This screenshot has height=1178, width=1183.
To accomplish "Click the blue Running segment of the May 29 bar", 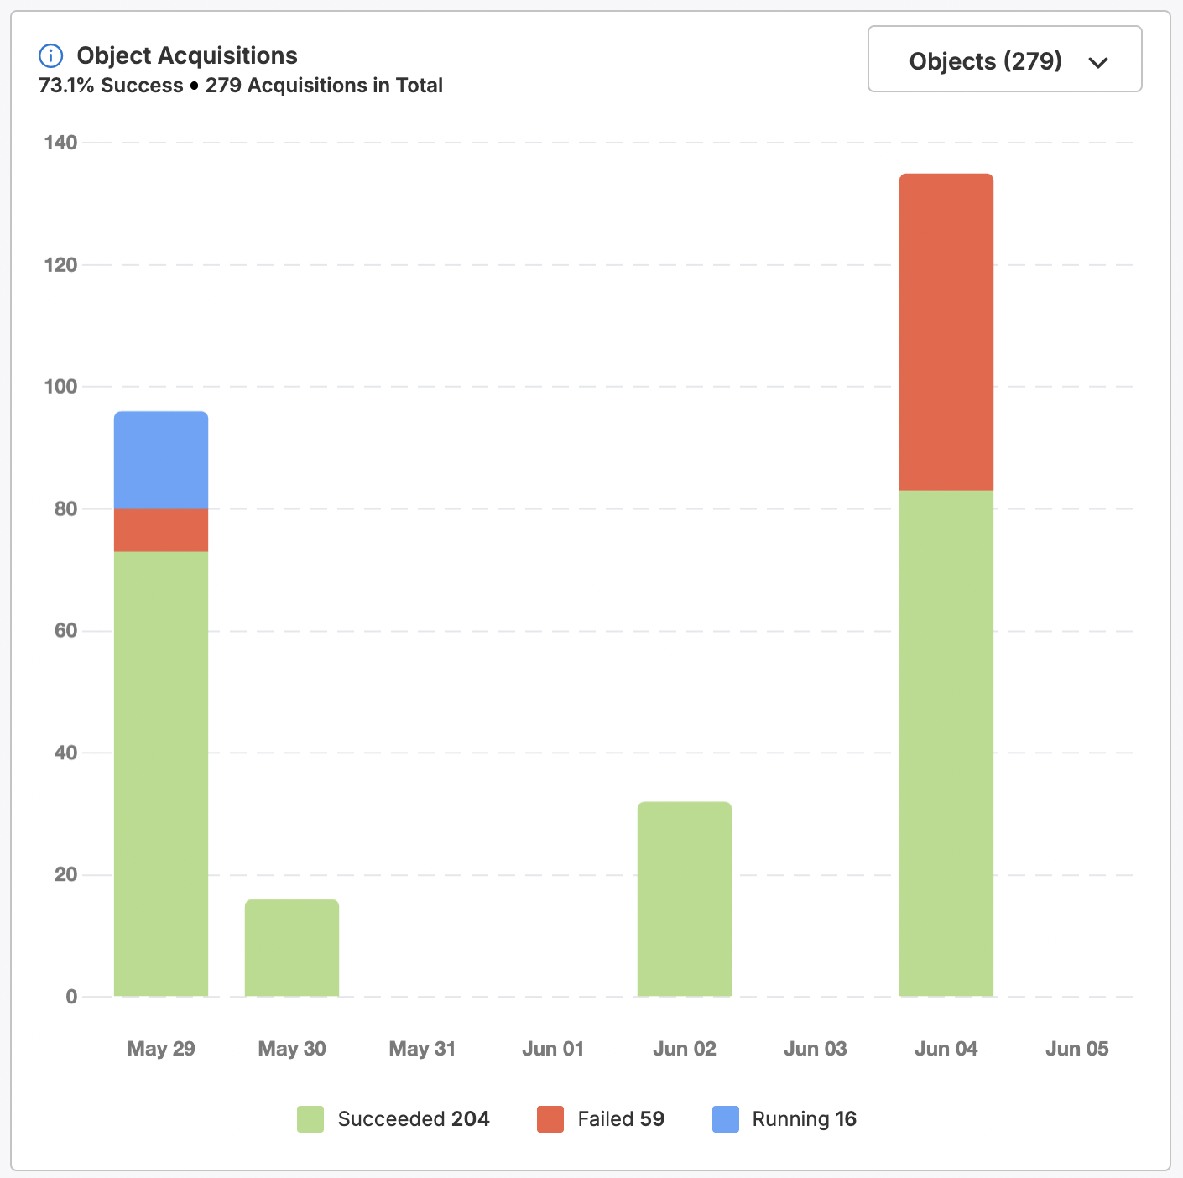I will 161,460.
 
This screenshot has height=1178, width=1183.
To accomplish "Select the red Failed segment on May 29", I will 161,530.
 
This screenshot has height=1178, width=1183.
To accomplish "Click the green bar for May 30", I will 292,948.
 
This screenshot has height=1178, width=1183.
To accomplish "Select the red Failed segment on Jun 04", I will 946,332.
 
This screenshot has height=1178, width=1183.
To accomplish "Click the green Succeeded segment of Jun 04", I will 946,743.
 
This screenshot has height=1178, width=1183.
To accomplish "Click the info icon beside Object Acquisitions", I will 51,55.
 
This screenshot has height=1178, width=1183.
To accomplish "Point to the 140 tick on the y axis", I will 60,143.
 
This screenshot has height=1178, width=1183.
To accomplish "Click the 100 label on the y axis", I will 60,387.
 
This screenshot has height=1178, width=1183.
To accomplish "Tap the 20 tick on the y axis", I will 65,874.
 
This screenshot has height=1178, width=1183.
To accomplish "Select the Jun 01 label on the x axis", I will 553,1049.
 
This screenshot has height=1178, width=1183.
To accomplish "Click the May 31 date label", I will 422,1049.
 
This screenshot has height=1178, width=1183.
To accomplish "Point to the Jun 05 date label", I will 1076,1049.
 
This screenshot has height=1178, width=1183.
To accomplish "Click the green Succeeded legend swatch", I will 310,1119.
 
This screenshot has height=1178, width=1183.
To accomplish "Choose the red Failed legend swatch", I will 550,1119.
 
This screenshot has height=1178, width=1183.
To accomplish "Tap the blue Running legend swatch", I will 726,1119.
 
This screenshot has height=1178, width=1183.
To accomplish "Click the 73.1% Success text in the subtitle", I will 111,86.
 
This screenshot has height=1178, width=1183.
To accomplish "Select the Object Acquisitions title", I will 187,55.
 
